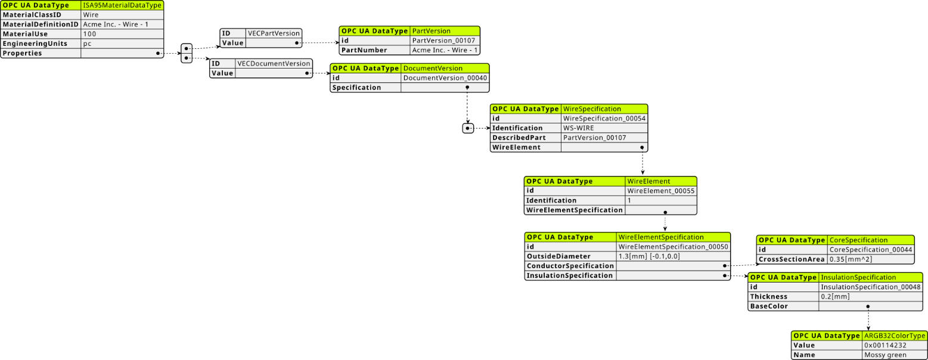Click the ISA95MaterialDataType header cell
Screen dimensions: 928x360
point(122,5)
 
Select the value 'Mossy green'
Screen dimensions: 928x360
point(885,355)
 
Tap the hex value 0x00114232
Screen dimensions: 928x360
point(885,346)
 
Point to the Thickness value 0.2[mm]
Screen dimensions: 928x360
point(835,297)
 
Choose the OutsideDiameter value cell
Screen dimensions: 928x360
point(673,256)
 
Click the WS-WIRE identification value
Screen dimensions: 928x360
point(578,128)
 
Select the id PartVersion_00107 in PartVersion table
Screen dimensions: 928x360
point(443,41)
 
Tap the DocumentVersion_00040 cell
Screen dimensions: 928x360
point(445,78)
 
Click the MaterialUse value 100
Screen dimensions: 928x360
point(89,34)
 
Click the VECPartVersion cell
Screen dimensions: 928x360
point(274,33)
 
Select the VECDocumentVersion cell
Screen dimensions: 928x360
point(274,63)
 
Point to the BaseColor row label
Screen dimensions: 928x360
point(769,306)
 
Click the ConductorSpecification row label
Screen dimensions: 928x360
point(570,266)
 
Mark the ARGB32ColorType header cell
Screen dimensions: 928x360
point(895,336)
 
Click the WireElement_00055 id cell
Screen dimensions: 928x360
point(661,191)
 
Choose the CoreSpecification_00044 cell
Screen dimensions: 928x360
point(870,250)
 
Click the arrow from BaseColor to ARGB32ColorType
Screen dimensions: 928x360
point(868,318)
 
